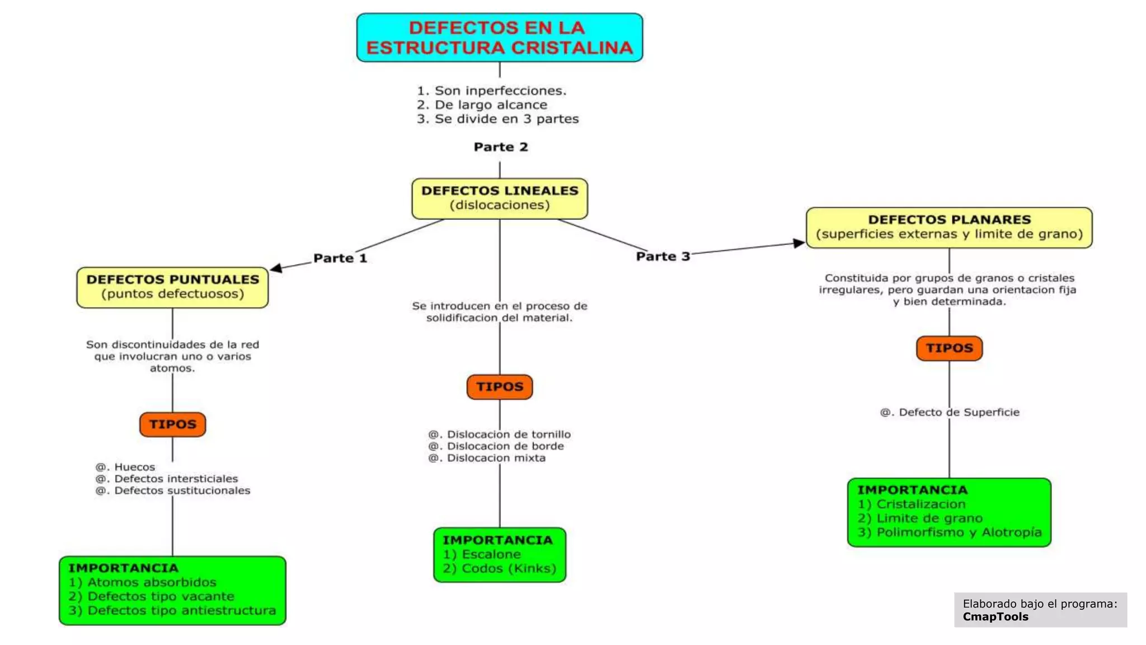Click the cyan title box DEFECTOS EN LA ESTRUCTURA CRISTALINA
499,38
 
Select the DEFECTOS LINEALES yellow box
499,198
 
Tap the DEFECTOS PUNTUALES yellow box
172,287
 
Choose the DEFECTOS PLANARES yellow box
949,227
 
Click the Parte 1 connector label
340,258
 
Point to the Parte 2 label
501,147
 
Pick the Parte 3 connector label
663,256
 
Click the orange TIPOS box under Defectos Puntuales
172,424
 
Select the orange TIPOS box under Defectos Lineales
499,387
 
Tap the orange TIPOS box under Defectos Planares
949,348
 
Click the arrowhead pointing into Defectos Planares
799,243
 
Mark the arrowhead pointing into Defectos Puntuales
276,268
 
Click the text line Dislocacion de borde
497,446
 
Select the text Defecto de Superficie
950,413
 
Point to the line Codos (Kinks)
500,568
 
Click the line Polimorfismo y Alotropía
950,532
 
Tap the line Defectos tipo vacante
152,596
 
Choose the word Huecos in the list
134,467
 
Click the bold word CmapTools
995,617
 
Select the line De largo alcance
482,105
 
